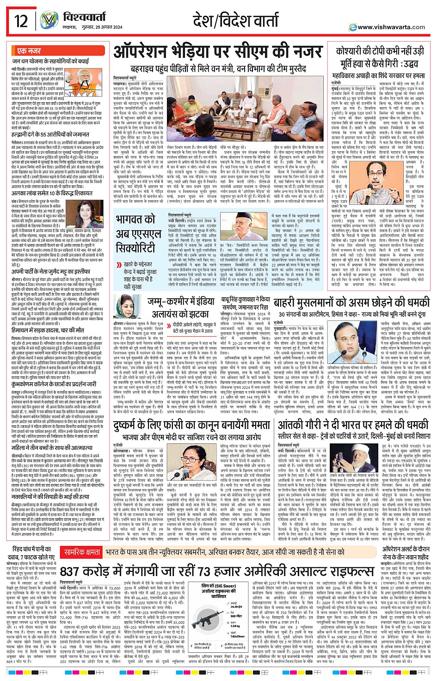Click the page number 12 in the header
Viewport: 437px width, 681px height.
21,21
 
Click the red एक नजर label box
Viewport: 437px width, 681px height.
29,51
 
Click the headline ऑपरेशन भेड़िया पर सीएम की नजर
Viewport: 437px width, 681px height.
217,52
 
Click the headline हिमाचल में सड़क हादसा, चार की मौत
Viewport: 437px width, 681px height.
48,331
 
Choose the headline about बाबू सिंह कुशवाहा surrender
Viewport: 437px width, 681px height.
245,303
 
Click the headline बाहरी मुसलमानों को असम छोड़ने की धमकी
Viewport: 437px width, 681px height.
351,303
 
